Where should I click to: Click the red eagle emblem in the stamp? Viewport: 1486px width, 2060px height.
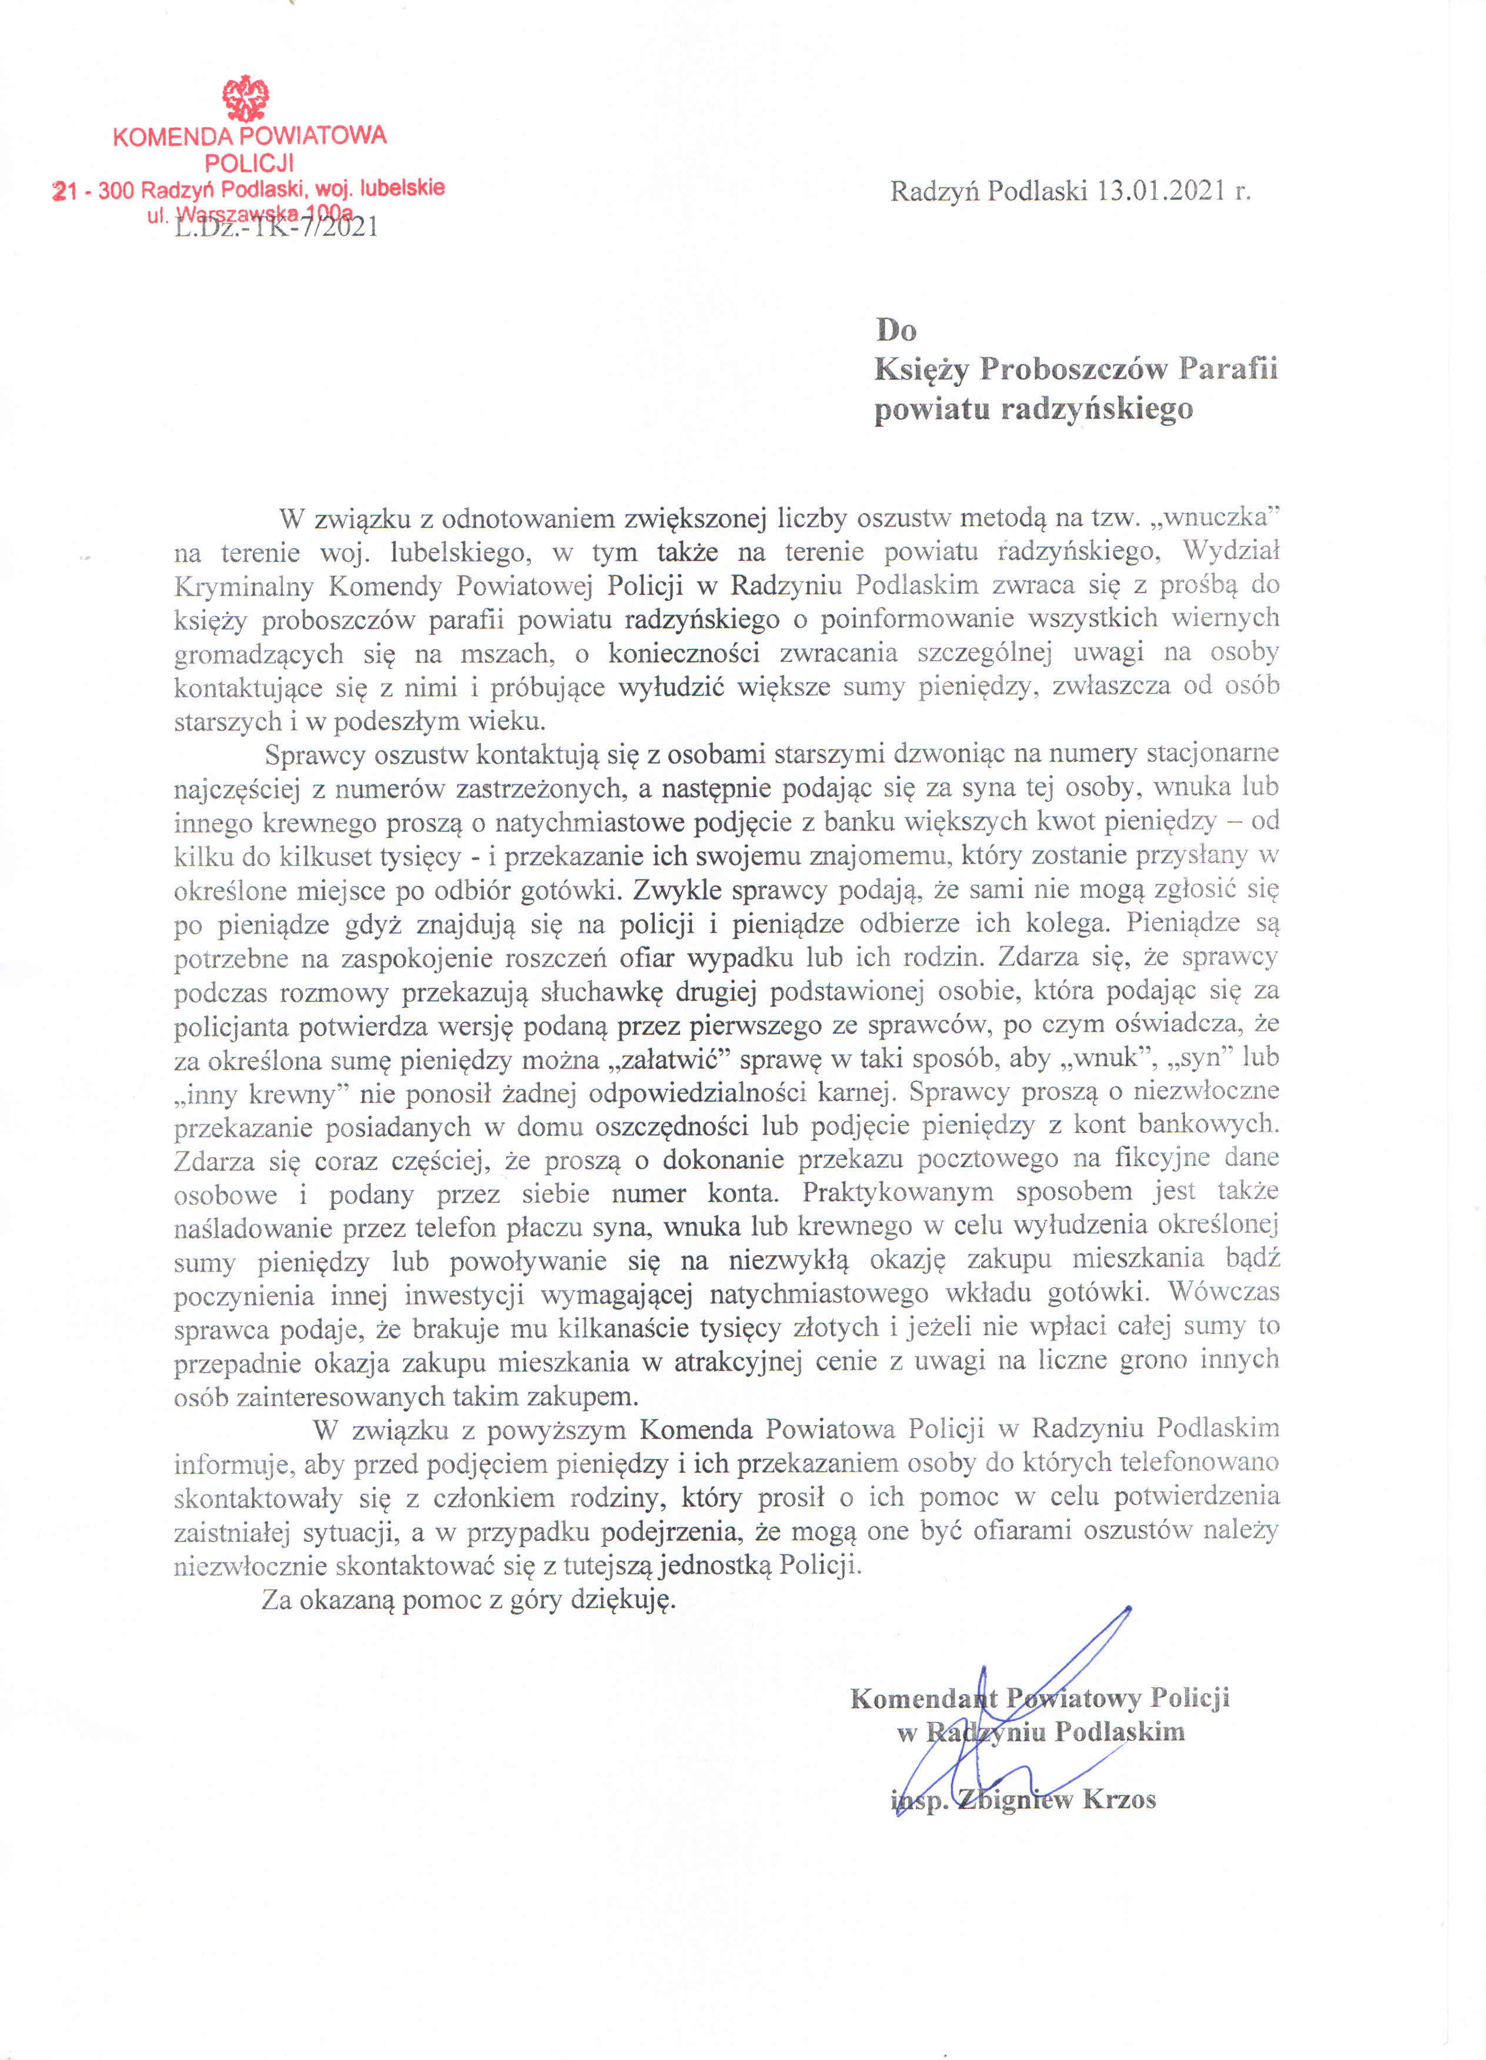(x=246, y=99)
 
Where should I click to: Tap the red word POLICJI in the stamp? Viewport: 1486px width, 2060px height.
(x=249, y=163)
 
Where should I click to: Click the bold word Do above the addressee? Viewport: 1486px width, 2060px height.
(x=896, y=330)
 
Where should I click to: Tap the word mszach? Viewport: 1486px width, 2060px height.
(x=505, y=653)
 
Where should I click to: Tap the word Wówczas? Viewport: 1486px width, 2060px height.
(x=1223, y=1292)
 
